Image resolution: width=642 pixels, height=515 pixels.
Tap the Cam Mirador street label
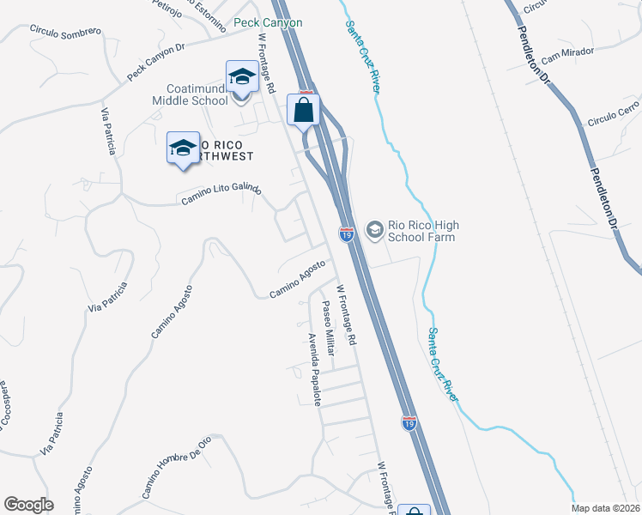[x=567, y=52]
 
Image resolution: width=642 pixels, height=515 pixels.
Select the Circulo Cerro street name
[x=614, y=113]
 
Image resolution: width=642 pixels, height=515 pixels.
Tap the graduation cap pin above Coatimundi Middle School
[x=242, y=76]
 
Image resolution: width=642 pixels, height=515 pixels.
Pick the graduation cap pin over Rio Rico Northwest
[x=183, y=148]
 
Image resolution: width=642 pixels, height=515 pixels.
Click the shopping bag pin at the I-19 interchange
[x=304, y=110]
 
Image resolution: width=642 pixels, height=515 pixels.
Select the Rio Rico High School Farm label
[x=422, y=231]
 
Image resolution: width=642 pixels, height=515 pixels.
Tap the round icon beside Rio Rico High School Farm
[x=374, y=229]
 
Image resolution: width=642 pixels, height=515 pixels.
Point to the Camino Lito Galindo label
[x=221, y=195]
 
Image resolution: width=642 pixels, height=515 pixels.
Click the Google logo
[x=28, y=505]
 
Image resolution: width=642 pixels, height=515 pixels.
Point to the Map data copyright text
[x=605, y=508]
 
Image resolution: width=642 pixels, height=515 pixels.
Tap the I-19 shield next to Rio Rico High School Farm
[x=347, y=233]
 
